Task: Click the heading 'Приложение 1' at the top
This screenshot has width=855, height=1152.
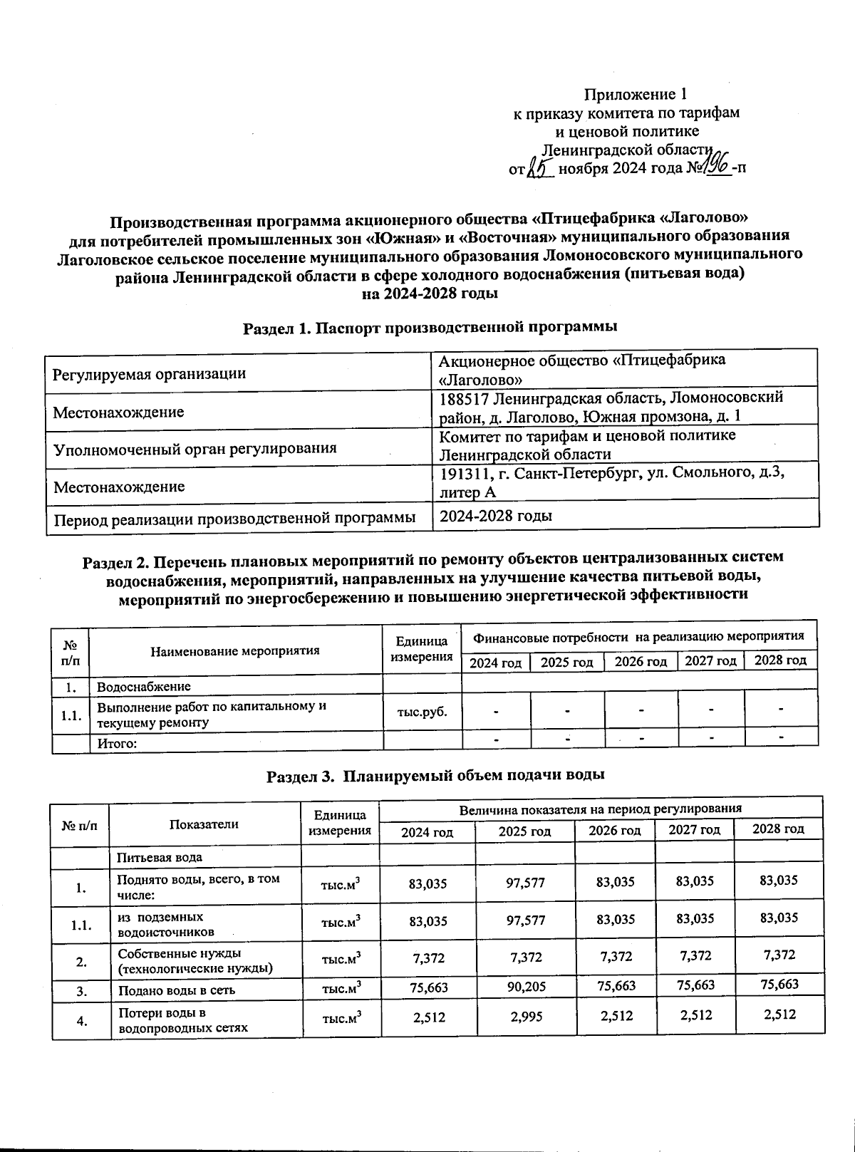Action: pyautogui.click(x=636, y=94)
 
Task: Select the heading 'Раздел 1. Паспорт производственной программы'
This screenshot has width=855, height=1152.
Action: pyautogui.click(x=430, y=328)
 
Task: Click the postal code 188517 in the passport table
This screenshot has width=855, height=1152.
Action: pyautogui.click(x=464, y=398)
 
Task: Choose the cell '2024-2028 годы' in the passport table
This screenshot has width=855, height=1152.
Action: pyautogui.click(x=496, y=516)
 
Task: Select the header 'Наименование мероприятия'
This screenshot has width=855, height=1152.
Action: pyautogui.click(x=235, y=650)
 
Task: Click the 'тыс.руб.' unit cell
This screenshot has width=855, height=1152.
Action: pyautogui.click(x=423, y=712)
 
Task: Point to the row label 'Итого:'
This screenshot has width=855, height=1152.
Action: pyautogui.click(x=117, y=744)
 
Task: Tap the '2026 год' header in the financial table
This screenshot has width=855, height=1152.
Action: pyautogui.click(x=641, y=662)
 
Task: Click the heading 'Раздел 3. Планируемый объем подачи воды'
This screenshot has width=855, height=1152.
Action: pyautogui.click(x=435, y=776)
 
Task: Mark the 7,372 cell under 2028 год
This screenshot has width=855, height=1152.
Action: pyautogui.click(x=779, y=955)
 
